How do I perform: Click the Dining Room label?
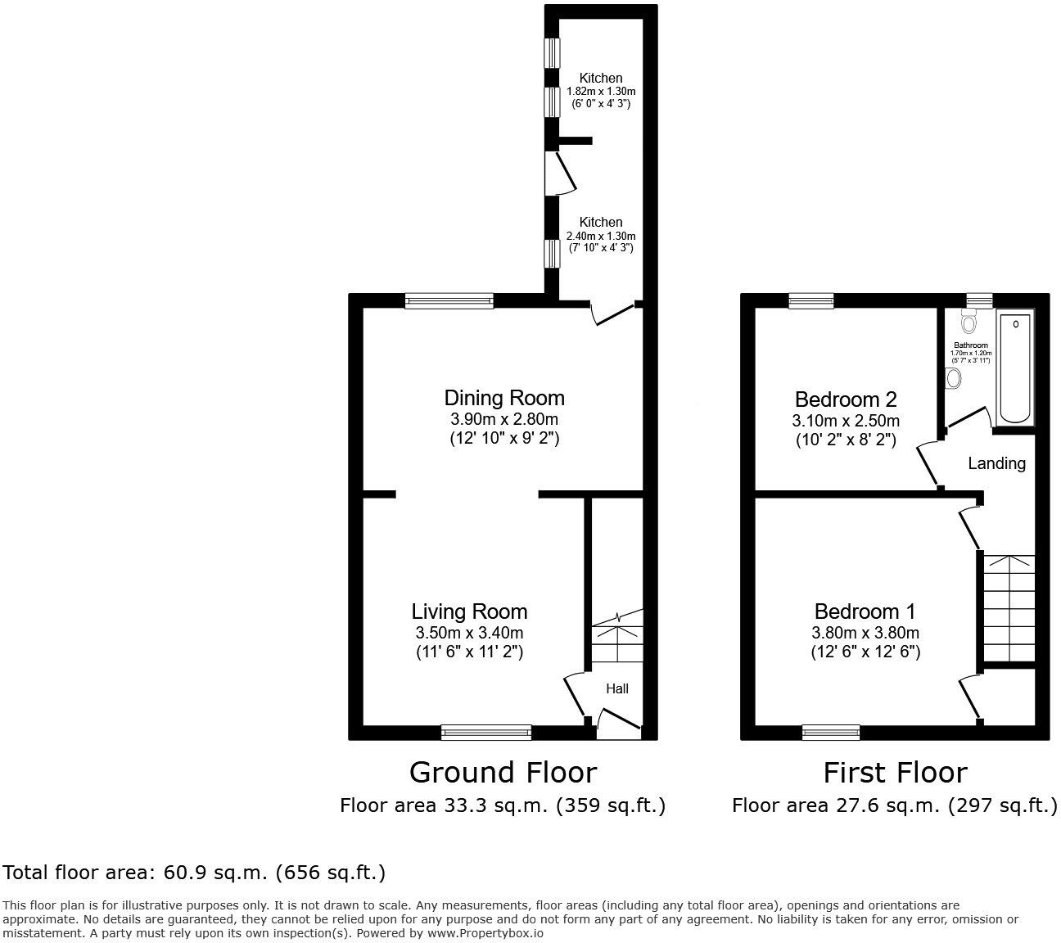click(504, 399)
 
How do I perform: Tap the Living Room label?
click(469, 611)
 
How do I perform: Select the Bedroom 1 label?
click(865, 611)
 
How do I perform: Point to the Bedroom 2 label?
click(846, 399)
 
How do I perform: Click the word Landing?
click(996, 463)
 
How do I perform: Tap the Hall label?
click(616, 689)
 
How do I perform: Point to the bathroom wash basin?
click(952, 378)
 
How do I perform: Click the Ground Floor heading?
click(503, 772)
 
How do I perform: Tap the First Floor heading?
click(895, 772)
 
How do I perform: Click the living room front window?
click(486, 732)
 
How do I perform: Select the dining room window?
click(449, 301)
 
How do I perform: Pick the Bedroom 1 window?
click(831, 732)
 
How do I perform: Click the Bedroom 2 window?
click(811, 301)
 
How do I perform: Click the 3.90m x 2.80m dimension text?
click(504, 419)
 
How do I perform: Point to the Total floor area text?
click(194, 873)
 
